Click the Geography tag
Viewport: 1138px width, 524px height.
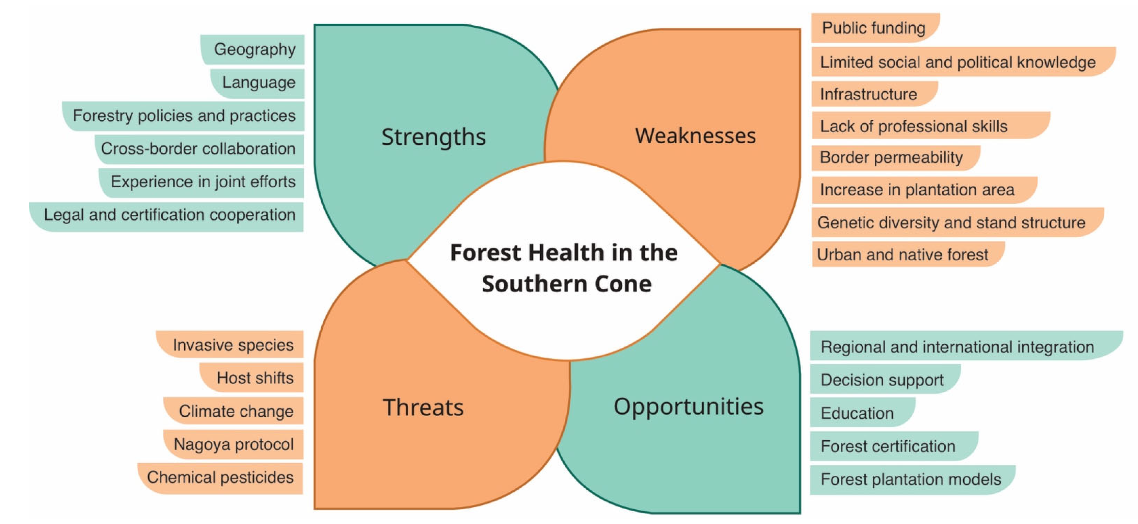click(253, 49)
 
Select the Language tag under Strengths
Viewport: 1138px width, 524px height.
click(257, 83)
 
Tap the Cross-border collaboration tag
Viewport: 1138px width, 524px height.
click(199, 149)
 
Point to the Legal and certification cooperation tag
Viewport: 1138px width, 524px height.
click(166, 216)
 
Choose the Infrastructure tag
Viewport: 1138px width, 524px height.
click(874, 94)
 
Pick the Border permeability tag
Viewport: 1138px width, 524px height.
click(896, 158)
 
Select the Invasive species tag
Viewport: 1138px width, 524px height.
click(230, 344)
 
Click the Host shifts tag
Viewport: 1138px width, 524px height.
click(251, 378)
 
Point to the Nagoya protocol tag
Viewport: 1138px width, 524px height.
click(233, 444)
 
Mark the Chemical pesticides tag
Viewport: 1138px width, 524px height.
click(220, 478)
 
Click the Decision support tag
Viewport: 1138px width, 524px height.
click(885, 379)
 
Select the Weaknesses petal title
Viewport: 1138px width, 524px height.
click(696, 135)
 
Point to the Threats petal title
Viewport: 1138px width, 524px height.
click(423, 407)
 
